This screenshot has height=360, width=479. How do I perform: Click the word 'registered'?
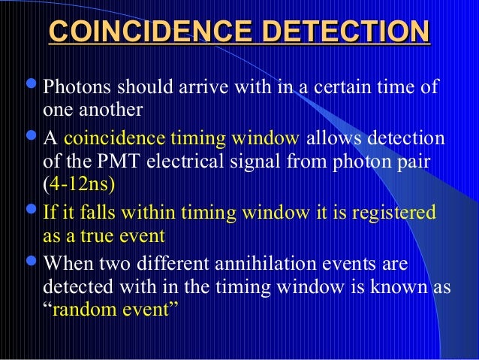(x=397, y=213)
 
